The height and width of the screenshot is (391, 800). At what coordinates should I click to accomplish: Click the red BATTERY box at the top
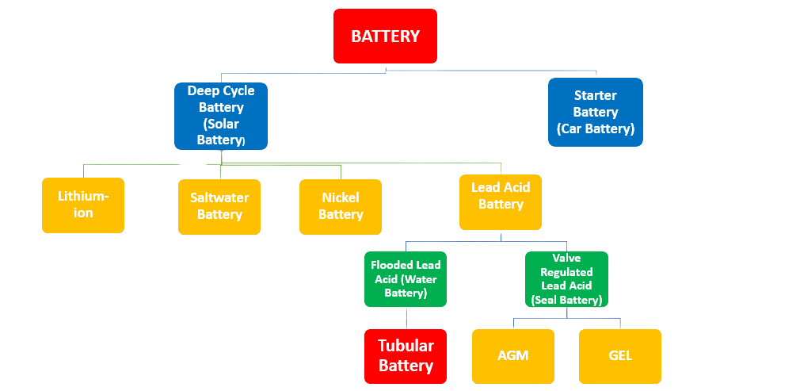pos(385,36)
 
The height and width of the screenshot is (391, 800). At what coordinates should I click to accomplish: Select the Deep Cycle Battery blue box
pos(221,116)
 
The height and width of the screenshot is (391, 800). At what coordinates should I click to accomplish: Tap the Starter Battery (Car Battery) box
pos(595,112)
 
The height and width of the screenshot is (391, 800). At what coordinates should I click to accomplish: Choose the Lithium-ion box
pos(83,205)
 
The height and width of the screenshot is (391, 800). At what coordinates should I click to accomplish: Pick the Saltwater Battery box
pos(219,206)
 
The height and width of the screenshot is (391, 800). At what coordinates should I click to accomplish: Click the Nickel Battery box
pos(341,206)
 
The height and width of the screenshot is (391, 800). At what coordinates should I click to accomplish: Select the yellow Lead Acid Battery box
pos(501,201)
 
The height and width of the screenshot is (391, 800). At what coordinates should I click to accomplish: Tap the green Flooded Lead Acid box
pos(406,279)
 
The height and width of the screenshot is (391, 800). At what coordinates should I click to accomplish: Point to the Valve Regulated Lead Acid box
pos(567,279)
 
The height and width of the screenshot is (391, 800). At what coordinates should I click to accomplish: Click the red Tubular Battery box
pos(406,355)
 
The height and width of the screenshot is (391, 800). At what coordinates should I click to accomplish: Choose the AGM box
pos(512,356)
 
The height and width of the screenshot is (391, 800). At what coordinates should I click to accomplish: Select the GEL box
pos(619,356)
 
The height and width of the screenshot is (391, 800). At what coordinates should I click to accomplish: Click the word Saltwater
pos(219,197)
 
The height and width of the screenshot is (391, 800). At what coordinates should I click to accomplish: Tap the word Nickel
pos(341,197)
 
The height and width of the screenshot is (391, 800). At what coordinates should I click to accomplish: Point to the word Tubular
pos(406,346)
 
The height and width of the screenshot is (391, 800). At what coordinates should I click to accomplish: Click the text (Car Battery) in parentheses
pos(595,128)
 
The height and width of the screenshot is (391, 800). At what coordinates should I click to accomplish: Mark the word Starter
pos(595,95)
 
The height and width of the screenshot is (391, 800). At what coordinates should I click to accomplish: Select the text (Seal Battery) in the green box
pos(567,300)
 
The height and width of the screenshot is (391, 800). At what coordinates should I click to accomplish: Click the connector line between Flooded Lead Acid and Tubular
pos(406,319)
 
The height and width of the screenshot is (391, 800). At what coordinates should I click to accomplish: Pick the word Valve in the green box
pos(567,259)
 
